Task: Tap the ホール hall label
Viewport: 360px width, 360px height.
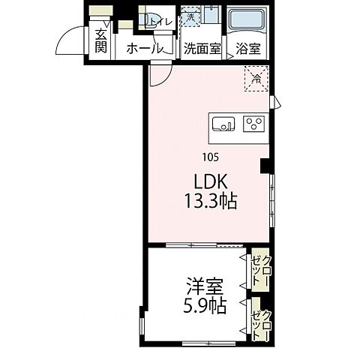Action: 145,49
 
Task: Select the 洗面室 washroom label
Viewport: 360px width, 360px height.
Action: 202,49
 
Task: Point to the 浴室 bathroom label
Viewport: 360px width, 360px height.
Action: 248,49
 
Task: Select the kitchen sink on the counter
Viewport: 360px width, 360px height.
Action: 223,124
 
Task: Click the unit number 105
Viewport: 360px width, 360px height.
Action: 211,157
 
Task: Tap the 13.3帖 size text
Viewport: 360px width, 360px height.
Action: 211,201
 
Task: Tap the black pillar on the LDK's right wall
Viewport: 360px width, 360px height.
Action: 264,166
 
